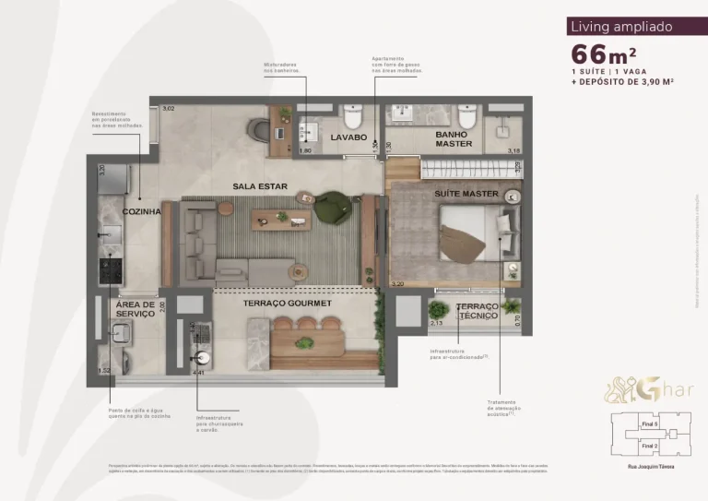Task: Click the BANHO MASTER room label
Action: point(454,138)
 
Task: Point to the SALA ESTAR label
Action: point(259,187)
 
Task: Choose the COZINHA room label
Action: point(141,212)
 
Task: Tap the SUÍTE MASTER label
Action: point(466,195)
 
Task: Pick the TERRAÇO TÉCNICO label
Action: point(477,311)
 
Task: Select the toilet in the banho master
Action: point(466,118)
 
